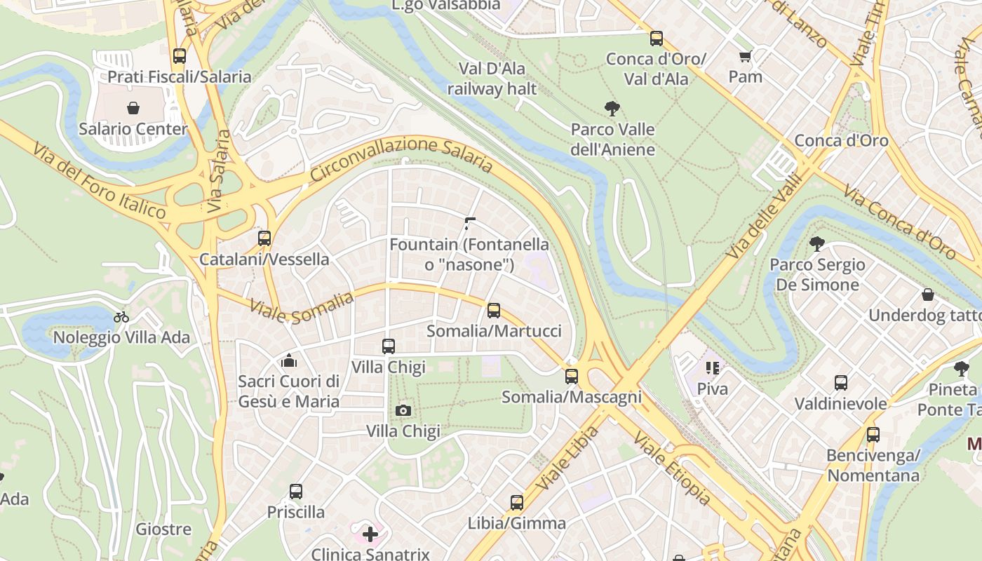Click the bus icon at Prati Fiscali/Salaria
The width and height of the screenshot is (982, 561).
(180, 56)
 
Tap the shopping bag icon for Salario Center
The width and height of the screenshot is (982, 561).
(133, 108)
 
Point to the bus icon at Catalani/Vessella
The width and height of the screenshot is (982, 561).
(264, 238)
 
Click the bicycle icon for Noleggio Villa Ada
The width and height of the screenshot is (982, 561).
(121, 317)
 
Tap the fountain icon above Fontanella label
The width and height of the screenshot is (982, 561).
(469, 224)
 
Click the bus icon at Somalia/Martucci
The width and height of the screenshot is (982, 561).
(494, 310)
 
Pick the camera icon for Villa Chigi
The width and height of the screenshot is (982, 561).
(403, 410)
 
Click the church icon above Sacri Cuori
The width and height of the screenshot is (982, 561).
(288, 361)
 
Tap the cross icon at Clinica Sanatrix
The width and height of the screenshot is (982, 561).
(370, 535)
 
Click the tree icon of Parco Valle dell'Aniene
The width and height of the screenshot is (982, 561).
(612, 108)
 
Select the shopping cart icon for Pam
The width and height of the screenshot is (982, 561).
(745, 56)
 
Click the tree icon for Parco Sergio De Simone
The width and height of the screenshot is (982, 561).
(816, 244)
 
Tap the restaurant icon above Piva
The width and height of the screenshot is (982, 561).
(713, 368)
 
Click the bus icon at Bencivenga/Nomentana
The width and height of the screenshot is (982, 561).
(873, 435)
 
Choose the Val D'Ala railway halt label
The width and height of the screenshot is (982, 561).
(492, 79)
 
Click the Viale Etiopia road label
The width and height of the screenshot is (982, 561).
(672, 468)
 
